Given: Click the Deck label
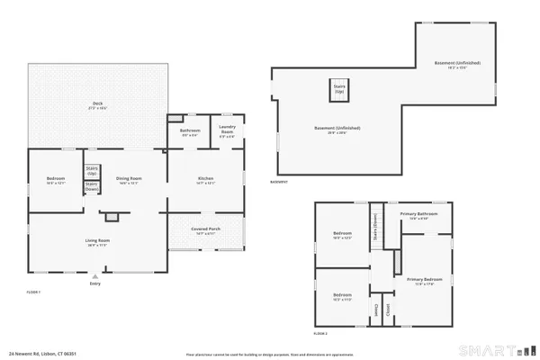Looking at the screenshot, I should tap(98, 104).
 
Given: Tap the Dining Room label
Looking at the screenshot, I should tap(130, 178).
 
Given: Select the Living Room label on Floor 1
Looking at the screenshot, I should tap(97, 242).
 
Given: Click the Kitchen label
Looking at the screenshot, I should tap(205, 178).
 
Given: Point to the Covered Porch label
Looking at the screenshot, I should tap(205, 230).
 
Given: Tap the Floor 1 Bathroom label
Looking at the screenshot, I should tap(190, 131).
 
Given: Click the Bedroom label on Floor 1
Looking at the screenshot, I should tap(56, 178).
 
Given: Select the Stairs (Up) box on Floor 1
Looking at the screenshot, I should tap(92, 169).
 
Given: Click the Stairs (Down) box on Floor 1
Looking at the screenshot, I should tap(92, 187).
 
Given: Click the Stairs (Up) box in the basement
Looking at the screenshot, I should tap(339, 90).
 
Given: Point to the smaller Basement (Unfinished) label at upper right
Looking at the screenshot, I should tap(457, 64).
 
